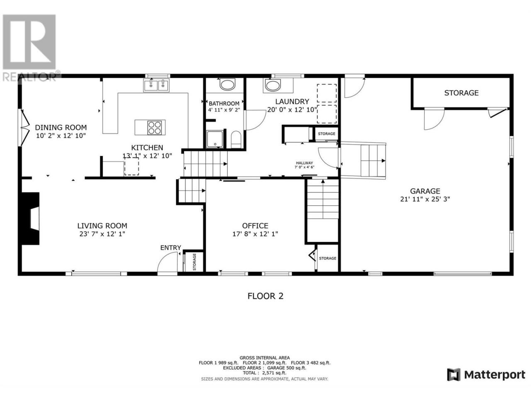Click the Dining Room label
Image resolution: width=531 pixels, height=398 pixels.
pos(61,127)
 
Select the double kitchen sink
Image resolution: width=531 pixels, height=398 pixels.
pos(156,85)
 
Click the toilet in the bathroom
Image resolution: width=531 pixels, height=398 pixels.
pos(236,140)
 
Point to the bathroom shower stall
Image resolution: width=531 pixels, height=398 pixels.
pos(215,139)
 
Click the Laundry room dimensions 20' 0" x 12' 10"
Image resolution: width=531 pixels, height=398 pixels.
pos(292,110)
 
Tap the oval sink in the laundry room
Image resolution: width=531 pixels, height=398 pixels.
pos(273,85)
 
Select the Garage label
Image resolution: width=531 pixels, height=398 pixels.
pos(425,191)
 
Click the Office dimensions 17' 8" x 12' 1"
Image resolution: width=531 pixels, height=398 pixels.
pos(255,234)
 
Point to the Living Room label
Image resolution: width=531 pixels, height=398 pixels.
pos(102,226)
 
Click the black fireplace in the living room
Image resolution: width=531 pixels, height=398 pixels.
pos(30,218)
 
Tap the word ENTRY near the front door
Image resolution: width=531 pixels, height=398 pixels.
pos(171,248)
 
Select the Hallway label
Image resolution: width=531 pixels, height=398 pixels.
pos(304,163)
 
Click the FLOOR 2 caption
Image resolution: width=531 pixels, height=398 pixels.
pos(265,296)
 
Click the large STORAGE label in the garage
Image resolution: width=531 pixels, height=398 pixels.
pos(461,93)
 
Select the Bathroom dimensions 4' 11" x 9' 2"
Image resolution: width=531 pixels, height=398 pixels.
pos(224,110)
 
